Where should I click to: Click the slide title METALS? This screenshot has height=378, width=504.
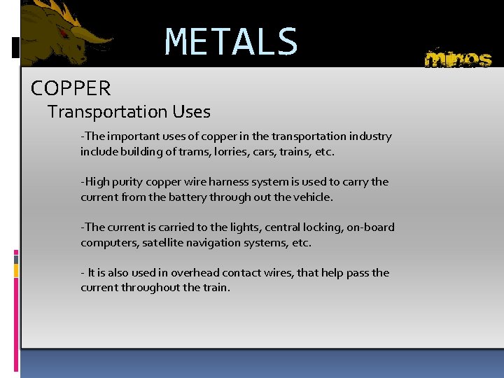coord(231,42)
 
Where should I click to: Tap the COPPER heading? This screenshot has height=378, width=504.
coord(71,89)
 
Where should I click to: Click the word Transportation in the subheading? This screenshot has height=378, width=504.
coord(106,112)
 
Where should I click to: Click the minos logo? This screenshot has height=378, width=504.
coord(458,58)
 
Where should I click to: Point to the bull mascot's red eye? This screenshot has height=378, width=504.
coord(64,32)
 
